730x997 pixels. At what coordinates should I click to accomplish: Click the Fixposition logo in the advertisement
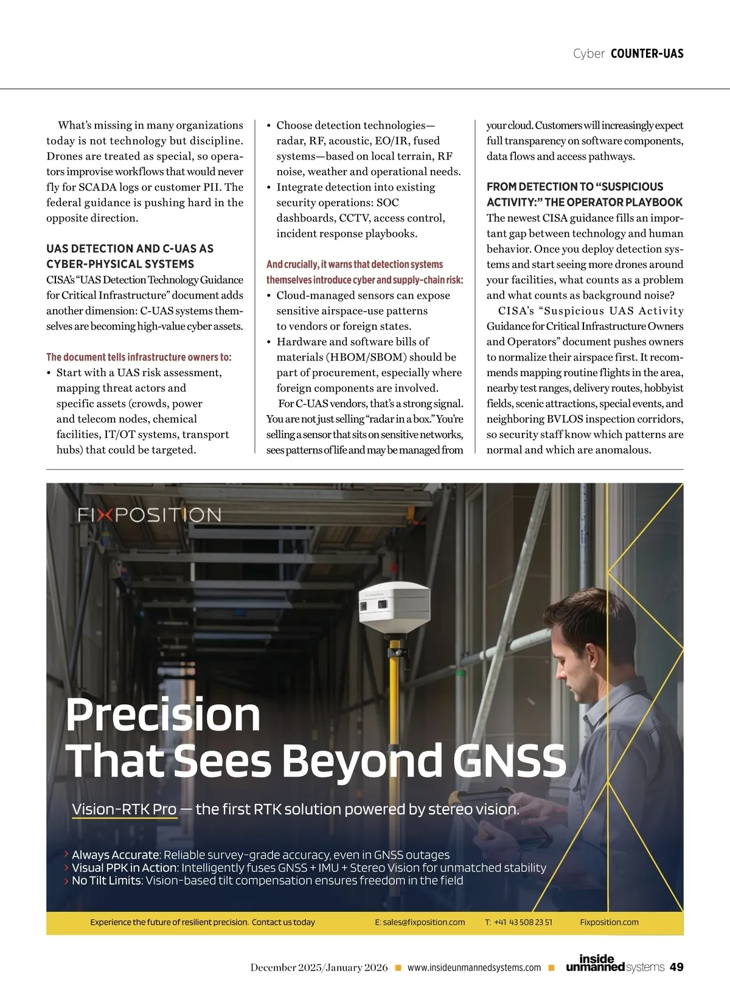tap(149, 515)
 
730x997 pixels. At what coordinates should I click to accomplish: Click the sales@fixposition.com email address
tap(420, 922)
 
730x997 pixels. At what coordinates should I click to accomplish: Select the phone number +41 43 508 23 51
tap(518, 922)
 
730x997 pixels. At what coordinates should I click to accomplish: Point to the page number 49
tap(676, 967)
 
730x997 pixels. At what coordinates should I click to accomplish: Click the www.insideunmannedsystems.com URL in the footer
tap(474, 968)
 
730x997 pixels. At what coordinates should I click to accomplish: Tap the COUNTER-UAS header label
tap(647, 54)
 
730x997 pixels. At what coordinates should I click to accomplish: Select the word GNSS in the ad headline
tap(510, 761)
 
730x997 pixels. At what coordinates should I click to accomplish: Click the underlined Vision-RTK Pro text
tap(124, 810)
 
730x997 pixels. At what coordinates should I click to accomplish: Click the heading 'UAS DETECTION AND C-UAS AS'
tap(130, 248)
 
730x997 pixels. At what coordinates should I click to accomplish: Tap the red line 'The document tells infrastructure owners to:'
tap(139, 357)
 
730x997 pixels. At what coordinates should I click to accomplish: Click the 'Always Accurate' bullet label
tap(116, 855)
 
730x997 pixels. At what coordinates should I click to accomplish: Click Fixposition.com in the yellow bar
tap(609, 922)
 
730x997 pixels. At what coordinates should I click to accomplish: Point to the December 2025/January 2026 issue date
tap(319, 968)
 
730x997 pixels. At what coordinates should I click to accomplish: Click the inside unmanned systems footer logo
tap(614, 964)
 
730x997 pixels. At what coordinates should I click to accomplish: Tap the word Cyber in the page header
tap(588, 54)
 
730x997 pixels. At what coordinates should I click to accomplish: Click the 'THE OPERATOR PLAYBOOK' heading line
tap(613, 202)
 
